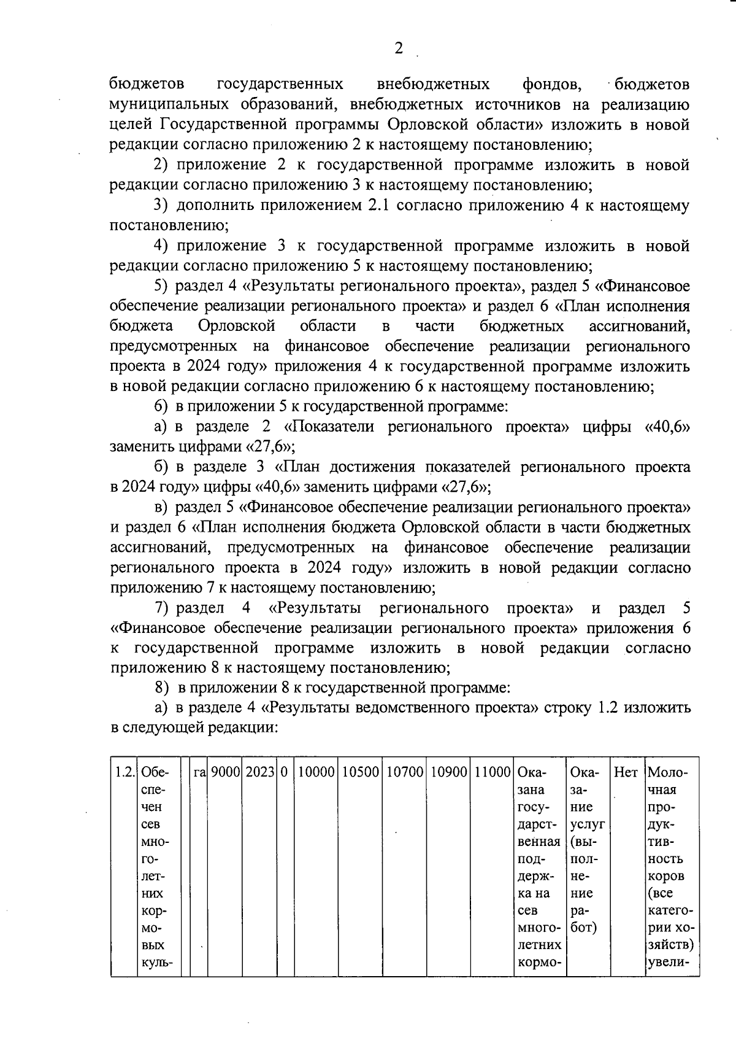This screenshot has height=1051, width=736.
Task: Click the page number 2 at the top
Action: coord(399,48)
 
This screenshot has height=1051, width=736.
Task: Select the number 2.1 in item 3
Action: coord(377,206)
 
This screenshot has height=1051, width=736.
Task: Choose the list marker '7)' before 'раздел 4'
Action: coord(162,608)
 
